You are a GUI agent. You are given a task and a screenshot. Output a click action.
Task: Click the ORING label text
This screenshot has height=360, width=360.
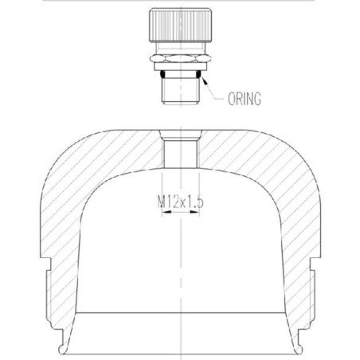click(245, 99)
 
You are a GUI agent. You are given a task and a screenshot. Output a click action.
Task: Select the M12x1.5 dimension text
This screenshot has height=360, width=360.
click(181, 202)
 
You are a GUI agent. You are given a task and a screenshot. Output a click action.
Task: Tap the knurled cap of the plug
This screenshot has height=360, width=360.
click(181, 25)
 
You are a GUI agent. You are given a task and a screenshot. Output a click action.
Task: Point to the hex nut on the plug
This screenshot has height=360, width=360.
click(181, 58)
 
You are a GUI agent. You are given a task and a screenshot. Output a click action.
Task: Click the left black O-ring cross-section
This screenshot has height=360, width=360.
click(162, 74)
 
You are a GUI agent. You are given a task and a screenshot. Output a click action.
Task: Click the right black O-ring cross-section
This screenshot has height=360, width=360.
click(198, 74)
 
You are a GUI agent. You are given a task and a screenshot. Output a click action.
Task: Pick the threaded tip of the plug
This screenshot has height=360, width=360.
click(181, 91)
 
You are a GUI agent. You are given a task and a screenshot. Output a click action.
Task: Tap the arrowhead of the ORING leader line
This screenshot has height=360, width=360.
click(204, 80)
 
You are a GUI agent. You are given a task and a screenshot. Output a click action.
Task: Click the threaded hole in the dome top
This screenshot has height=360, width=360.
click(181, 154)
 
